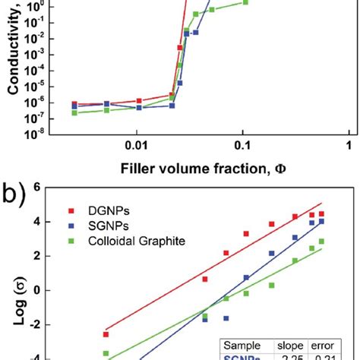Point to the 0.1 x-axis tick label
coord(242,145)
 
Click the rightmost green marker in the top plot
coord(245,2)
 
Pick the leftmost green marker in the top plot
coord(74,112)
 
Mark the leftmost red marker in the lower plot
coord(106,334)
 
